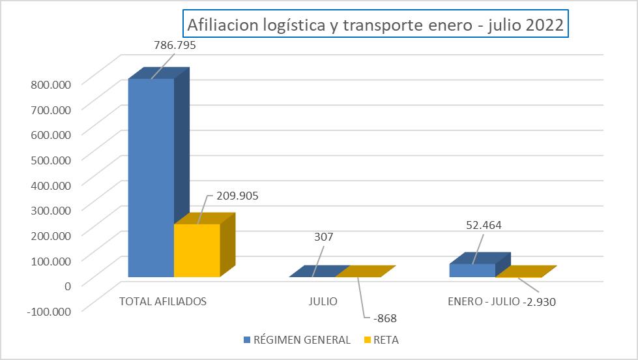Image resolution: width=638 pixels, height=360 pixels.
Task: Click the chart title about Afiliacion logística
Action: (x=375, y=25)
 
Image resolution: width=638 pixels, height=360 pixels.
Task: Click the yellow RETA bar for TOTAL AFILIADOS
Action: (x=197, y=250)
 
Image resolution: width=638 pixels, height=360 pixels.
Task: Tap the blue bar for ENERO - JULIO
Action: (x=472, y=270)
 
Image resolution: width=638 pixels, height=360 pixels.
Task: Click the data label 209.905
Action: (x=232, y=195)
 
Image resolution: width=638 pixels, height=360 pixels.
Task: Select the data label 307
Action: (x=323, y=237)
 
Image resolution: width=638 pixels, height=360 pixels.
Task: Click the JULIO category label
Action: (x=323, y=302)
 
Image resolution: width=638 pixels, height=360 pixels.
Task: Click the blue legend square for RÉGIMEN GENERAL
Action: (x=246, y=340)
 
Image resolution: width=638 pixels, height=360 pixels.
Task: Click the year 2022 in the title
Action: (x=543, y=25)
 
